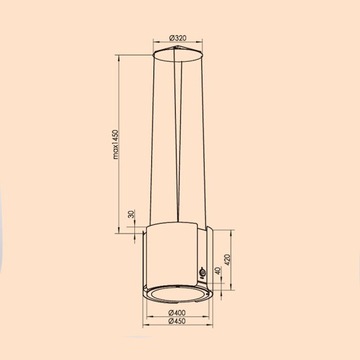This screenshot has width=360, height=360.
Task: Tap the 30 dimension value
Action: point(130,217)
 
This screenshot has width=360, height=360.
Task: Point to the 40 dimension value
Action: point(219,248)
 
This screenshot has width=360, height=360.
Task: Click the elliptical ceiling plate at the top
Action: point(180,55)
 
